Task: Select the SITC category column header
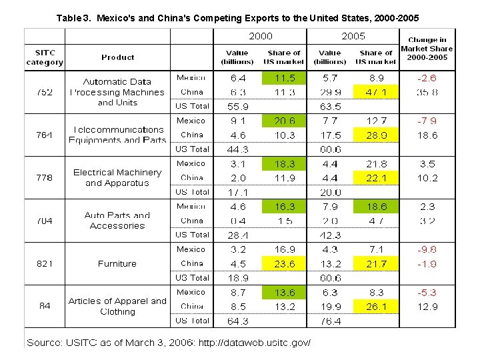point(45,57)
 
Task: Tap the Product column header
point(118,57)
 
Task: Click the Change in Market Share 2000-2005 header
point(427,49)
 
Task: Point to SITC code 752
point(45,92)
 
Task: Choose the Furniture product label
point(117,264)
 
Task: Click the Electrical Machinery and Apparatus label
point(117,177)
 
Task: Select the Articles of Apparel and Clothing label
point(117,306)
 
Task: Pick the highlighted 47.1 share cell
point(376,92)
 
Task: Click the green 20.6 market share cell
point(284,121)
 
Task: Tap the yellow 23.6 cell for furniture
point(284,263)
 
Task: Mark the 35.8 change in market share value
point(427,92)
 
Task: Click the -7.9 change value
point(427,121)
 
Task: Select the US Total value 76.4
point(330,321)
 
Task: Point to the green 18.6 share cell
point(376,207)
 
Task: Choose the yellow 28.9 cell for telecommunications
point(376,135)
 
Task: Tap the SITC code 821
point(45,264)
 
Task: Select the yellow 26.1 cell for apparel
point(376,307)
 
